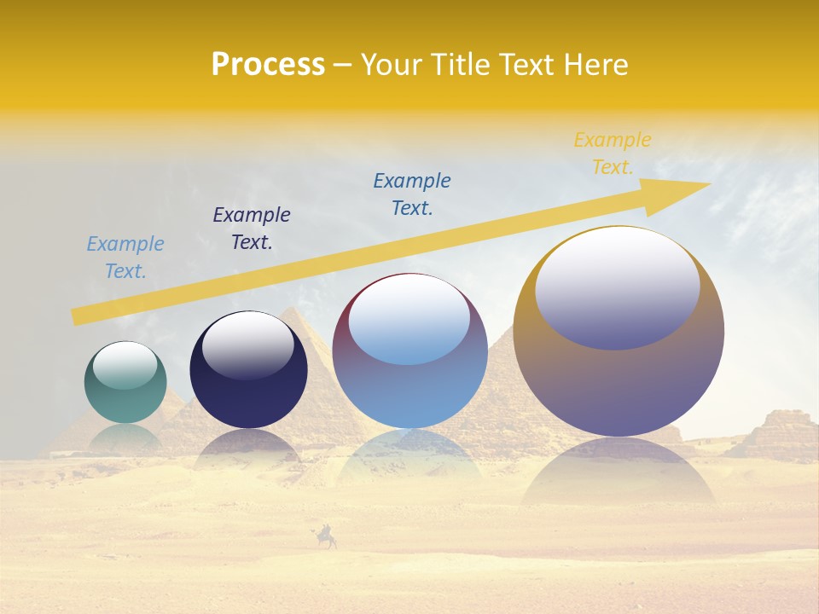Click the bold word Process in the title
pos(268,65)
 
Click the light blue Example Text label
pos(125,258)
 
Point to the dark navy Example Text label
pos(252,229)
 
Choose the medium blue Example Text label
pos(412,194)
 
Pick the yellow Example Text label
pos(613,153)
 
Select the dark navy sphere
pos(248,392)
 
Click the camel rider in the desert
pos(326,537)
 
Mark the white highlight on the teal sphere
pos(125,365)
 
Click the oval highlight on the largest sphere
pos(618,288)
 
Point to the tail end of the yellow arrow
pos(78,316)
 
